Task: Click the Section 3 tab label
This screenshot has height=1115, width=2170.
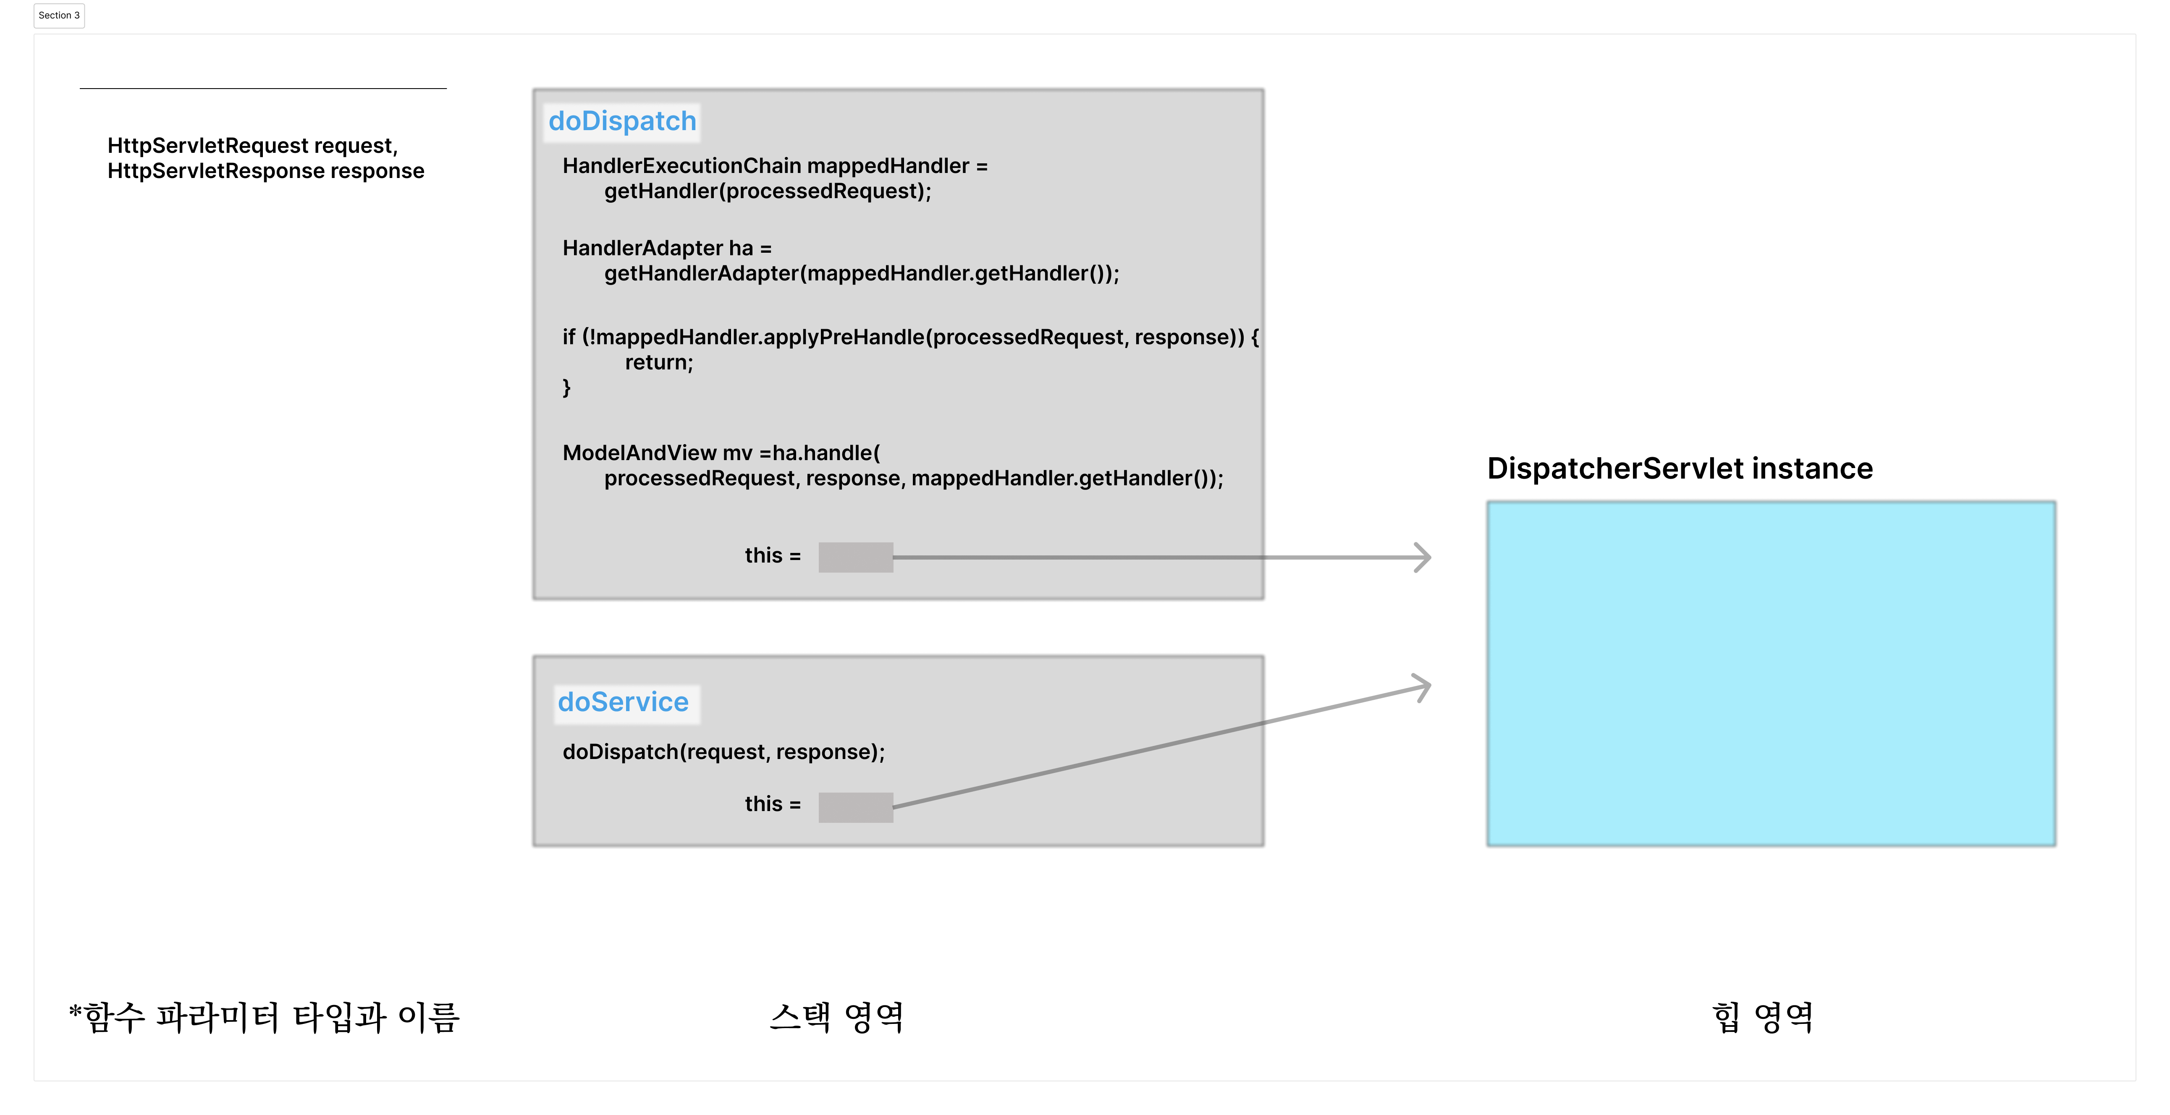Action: click(x=59, y=15)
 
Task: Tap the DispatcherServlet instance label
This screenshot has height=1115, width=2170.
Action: click(x=1680, y=468)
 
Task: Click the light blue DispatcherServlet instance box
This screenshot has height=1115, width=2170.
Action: click(x=1771, y=674)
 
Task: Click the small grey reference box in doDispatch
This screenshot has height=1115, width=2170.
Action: click(x=855, y=557)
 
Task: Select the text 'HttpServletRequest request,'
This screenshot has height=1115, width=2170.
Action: click(x=252, y=146)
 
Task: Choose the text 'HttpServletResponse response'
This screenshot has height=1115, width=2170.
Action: click(x=265, y=171)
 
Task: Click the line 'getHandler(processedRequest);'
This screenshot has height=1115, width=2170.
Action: click(x=768, y=191)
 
